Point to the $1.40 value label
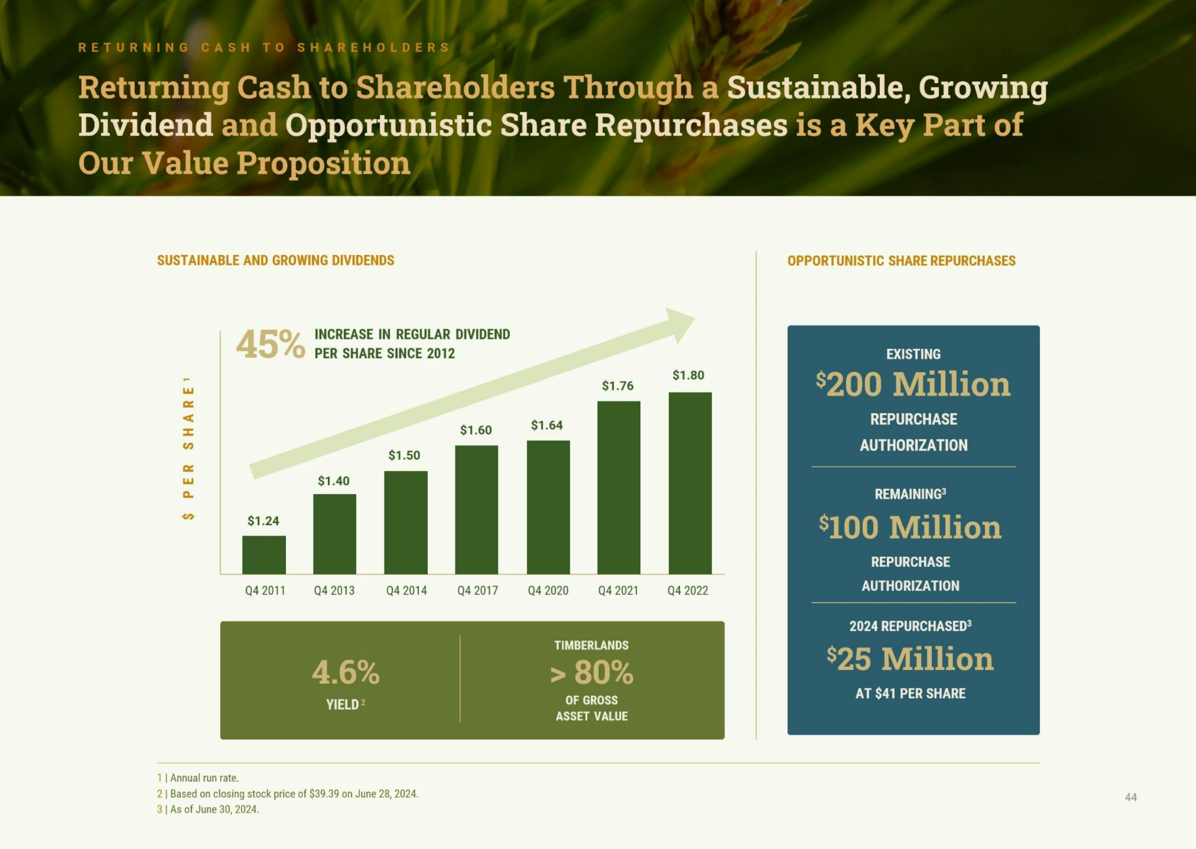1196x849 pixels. click(x=333, y=480)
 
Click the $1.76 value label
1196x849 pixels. click(x=618, y=386)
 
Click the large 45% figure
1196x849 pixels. click(x=270, y=345)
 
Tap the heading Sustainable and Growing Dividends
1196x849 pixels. click(x=276, y=260)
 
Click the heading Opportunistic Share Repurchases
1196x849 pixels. click(x=901, y=261)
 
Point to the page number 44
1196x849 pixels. click(x=1131, y=797)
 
